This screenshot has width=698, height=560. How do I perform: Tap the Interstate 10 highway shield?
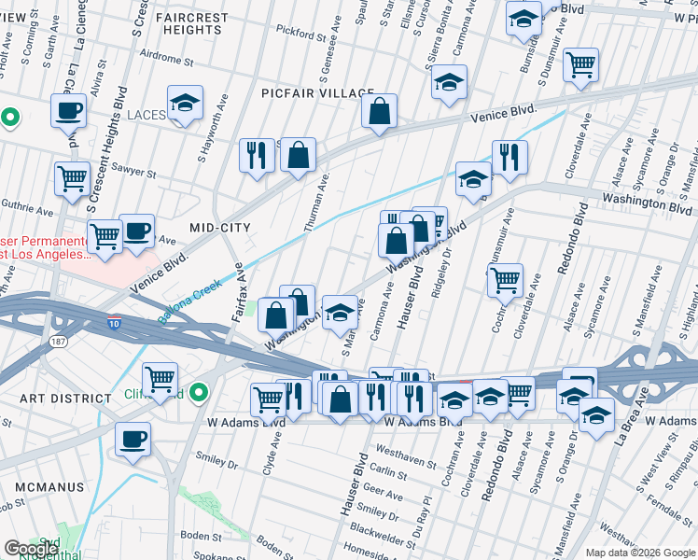point(113,324)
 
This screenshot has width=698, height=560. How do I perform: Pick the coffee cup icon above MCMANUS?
point(133,440)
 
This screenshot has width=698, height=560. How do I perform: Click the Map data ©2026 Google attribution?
point(639,553)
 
